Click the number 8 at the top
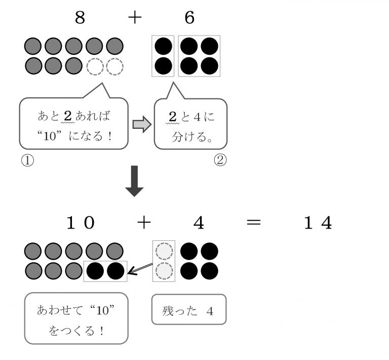(80, 18)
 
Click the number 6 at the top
(189, 18)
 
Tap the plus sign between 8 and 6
(134, 18)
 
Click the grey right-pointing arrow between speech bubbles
(142, 125)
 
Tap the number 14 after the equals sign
(318, 223)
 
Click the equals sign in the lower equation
(256, 223)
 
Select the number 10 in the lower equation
(81, 223)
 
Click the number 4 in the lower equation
(199, 223)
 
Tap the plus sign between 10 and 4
(143, 223)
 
